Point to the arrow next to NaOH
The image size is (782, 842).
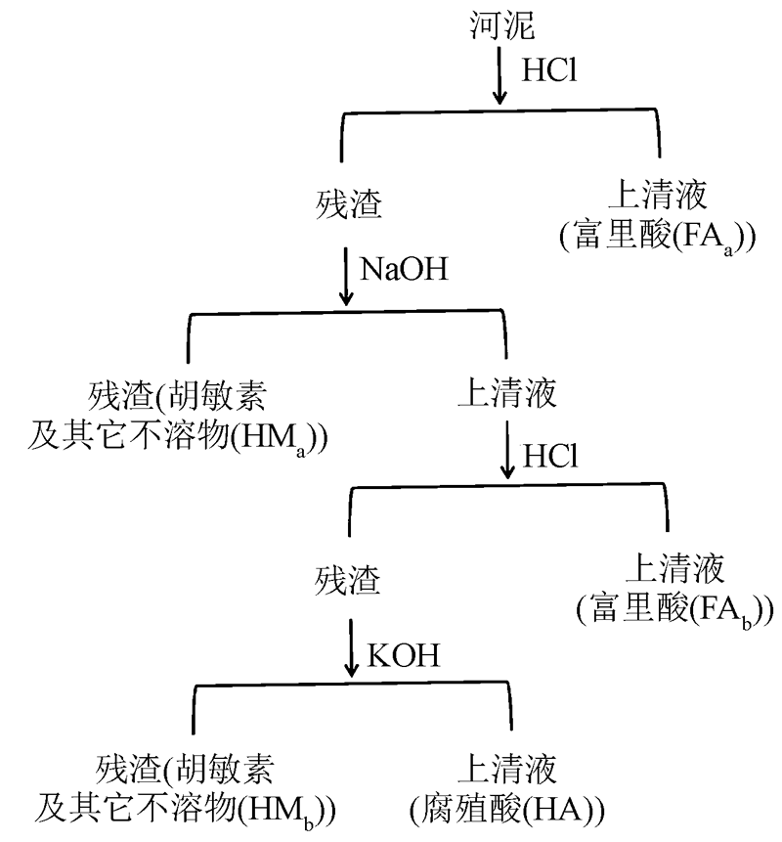[x=346, y=277]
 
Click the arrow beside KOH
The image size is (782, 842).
[x=352, y=650]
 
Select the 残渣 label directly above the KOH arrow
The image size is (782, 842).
[x=349, y=578]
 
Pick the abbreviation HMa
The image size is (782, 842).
[x=283, y=435]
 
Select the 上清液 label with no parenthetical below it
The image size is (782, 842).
[x=504, y=394]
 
